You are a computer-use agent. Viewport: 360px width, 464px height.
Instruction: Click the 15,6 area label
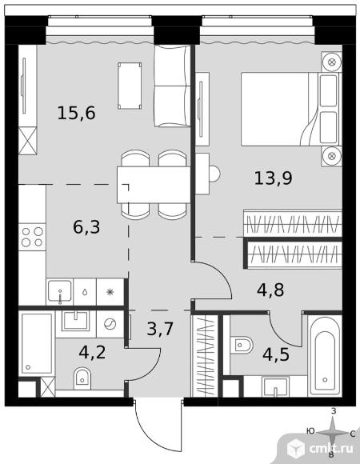[x=76, y=113]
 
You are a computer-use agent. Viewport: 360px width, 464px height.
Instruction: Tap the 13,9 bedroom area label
[x=273, y=178]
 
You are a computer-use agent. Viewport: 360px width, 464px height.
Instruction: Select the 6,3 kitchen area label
[x=86, y=227]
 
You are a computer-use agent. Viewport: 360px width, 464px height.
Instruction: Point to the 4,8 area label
[x=270, y=290]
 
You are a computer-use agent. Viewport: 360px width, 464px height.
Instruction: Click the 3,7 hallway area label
[x=160, y=329]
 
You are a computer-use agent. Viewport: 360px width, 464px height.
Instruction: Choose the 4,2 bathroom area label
[x=92, y=352]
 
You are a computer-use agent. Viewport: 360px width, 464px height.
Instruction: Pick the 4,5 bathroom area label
[x=276, y=354]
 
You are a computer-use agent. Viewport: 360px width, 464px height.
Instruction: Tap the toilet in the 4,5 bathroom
[x=242, y=345]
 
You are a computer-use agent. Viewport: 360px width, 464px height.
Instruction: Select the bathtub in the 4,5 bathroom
[x=325, y=355]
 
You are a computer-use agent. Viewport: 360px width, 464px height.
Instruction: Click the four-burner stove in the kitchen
[x=32, y=237]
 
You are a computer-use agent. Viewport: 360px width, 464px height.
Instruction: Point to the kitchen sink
[x=60, y=291]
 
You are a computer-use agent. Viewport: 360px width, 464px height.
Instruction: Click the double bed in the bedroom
[x=291, y=109]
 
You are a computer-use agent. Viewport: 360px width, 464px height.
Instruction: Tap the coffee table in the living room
[x=130, y=86]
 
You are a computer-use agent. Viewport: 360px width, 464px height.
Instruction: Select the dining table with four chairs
[x=154, y=185]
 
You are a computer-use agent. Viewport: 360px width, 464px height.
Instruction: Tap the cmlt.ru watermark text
[x=331, y=449]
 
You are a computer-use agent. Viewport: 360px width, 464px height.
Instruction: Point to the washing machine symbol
[x=110, y=324]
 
